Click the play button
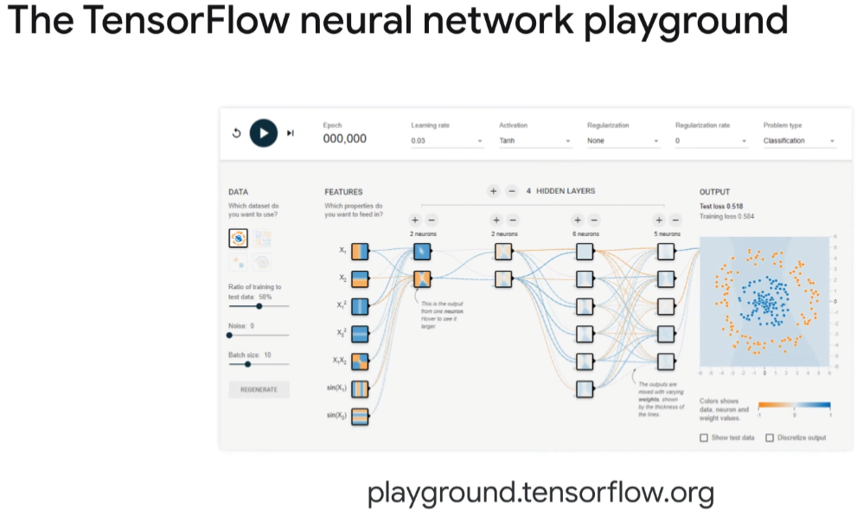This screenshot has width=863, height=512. pos(264,133)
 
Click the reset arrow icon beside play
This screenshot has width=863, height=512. pos(236,133)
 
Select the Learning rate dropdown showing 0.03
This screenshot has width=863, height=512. pos(446,140)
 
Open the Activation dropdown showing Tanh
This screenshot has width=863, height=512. pos(534,140)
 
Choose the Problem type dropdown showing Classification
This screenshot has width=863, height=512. pos(799,140)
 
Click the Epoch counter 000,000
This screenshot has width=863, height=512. pos(344,138)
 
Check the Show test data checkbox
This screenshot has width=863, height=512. pos(704,438)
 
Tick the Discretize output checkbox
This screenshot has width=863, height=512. pos(770,438)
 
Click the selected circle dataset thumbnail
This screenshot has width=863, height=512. pos(238,237)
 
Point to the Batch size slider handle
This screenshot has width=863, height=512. pos(247,364)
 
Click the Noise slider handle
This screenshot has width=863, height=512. pos(229,335)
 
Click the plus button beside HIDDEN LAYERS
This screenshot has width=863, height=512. pos(493,191)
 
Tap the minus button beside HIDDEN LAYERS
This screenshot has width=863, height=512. pos(511,191)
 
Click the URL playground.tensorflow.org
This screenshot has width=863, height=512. pos(540,493)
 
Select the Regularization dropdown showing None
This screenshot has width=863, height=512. pos(623,140)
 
